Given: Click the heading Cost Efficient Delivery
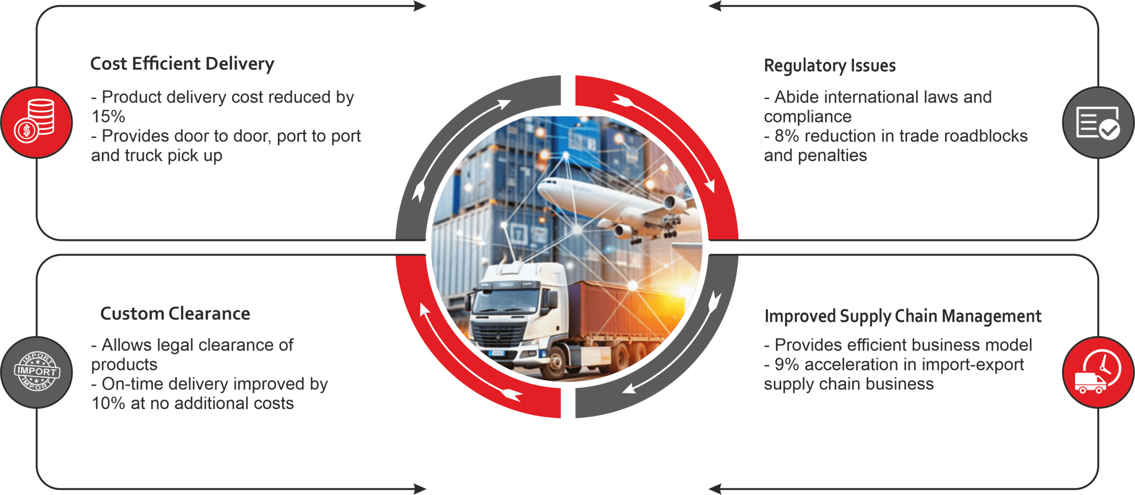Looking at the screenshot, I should pos(182,64).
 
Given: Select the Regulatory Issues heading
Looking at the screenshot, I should pos(830,66).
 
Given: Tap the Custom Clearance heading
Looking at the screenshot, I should pos(175,314).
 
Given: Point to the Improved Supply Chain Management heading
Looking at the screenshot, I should pos(903,316).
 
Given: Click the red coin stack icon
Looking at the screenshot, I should pos(37,122).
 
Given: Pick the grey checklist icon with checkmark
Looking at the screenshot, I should pos(1098,123).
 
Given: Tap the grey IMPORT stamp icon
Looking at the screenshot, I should pos(37,372).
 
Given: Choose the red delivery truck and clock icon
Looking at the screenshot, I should pos(1098,372).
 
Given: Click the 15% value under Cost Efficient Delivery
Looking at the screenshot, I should pos(108,117).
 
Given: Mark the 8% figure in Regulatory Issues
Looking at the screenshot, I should pos(787,136).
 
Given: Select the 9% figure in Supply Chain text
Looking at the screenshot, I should pos(787,365).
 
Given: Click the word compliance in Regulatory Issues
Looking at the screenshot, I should pos(807,117).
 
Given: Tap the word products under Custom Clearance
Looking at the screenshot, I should pos(124,365).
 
